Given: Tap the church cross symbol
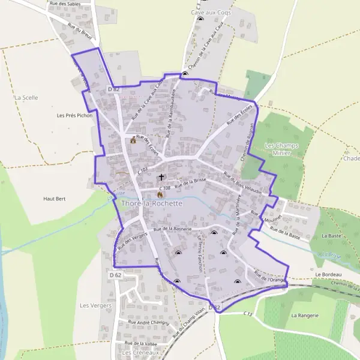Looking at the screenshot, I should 161,178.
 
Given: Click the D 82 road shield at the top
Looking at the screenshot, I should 114,89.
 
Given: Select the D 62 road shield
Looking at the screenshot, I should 116,275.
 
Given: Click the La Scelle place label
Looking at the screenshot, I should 26,97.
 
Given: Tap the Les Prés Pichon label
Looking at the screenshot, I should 74,115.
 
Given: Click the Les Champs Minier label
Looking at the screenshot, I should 281,149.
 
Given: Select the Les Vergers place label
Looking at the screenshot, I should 92,305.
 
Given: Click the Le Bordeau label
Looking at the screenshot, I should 327,275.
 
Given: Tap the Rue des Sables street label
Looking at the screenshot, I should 65,4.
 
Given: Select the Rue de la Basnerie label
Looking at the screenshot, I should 172,229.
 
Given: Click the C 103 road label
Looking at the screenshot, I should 142,172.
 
